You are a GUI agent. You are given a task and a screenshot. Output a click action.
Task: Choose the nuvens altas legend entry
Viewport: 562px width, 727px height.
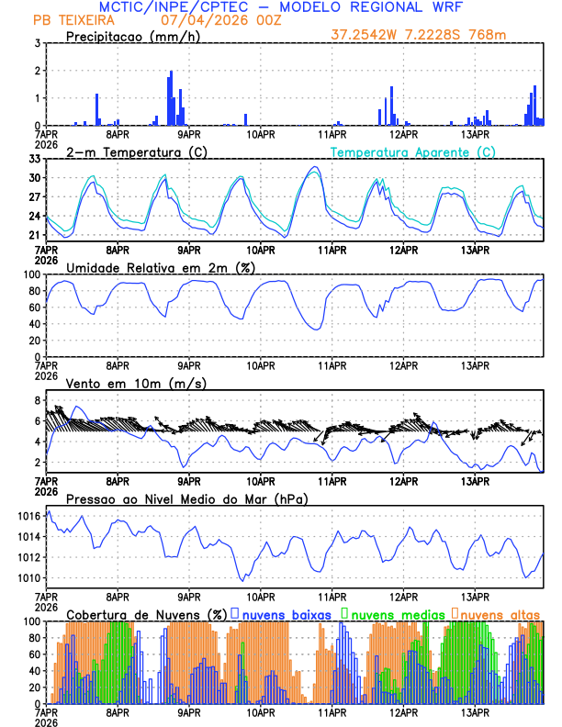pos(500,613)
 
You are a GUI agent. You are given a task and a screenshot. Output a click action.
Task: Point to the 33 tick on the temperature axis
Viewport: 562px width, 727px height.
pos(33,159)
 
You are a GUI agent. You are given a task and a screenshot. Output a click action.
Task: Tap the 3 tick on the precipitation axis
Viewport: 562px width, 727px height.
pos(37,43)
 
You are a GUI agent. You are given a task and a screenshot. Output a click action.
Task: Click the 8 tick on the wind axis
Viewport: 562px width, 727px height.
pos(37,400)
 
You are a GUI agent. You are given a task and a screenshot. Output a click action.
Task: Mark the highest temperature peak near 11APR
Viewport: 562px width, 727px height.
pos(314,168)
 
